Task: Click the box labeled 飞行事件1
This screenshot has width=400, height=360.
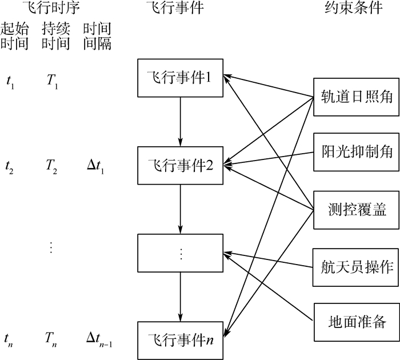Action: (x=181, y=78)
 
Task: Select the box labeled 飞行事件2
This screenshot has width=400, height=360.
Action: (x=181, y=166)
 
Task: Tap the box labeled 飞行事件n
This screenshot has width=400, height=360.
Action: (x=181, y=332)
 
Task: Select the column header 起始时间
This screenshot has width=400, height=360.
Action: (x=15, y=36)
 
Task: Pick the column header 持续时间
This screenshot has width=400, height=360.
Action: (x=55, y=36)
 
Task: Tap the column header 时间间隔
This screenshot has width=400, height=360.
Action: (x=97, y=36)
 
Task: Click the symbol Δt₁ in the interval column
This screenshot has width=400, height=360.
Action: (x=97, y=167)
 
